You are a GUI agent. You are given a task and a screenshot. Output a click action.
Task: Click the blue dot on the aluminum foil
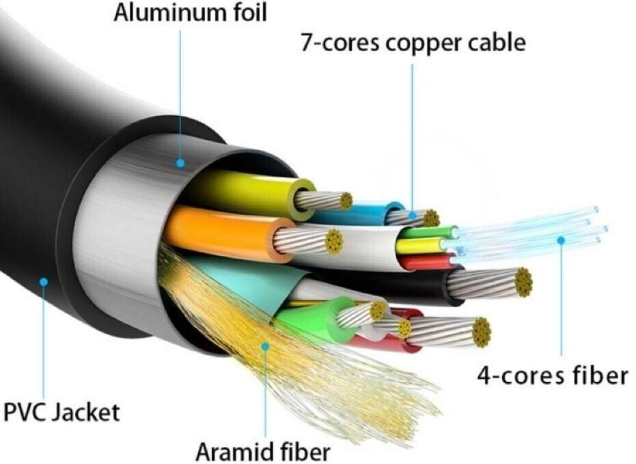pos(180,163)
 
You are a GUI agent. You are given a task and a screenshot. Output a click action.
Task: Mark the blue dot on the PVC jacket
pos(44,282)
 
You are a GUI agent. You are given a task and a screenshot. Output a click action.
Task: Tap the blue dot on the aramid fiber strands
pos(265,347)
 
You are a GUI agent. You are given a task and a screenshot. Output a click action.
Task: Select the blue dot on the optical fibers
pos(561,241)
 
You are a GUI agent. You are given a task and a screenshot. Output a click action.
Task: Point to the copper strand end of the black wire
pos(523,282)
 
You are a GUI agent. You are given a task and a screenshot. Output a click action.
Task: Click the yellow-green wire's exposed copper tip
pos(346,201)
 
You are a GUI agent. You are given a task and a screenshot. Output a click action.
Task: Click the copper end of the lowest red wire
pos(482,333)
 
